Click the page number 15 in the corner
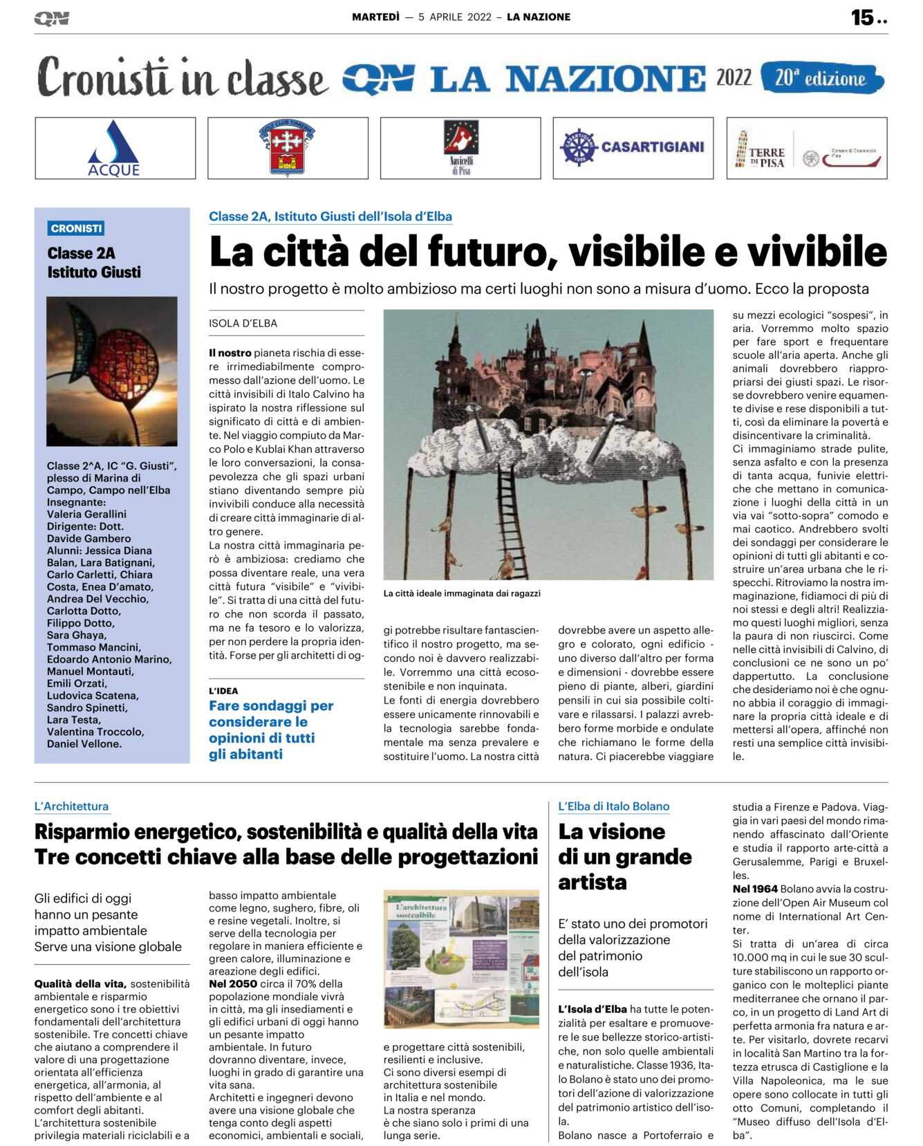pos(862,17)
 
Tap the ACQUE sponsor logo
pos(115,148)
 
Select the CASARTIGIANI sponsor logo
pos(633,147)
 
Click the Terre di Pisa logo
pos(806,149)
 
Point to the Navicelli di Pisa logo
pos(460,148)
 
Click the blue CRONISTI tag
pos(76,228)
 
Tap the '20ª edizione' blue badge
pos(821,78)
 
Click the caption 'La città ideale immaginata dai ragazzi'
pos(462,593)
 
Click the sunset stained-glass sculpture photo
pos(112,371)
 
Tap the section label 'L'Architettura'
pos(71,806)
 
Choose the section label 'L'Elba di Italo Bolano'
pos(613,806)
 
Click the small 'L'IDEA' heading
pos(223,691)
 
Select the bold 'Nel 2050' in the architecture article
pos(233,983)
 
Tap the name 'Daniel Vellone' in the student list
pos(84,744)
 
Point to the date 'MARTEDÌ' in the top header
pos(375,17)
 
